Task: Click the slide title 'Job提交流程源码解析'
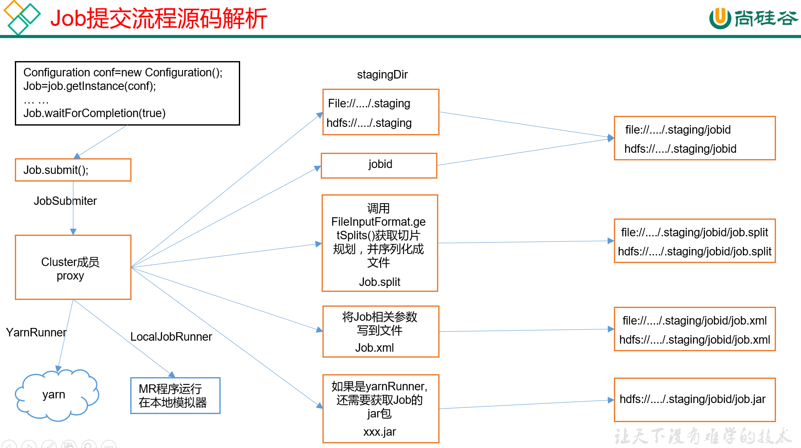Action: click(x=158, y=19)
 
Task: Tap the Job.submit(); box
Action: click(x=73, y=170)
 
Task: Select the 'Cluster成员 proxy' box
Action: click(x=73, y=268)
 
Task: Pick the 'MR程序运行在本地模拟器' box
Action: click(x=175, y=395)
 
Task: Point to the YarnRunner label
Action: click(x=36, y=333)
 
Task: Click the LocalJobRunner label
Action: click(x=171, y=337)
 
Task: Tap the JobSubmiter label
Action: click(x=65, y=201)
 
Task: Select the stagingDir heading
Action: click(x=382, y=75)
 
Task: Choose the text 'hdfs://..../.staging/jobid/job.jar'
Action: click(x=692, y=399)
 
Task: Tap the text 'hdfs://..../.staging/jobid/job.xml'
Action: click(x=695, y=340)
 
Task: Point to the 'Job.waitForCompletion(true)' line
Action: click(x=95, y=113)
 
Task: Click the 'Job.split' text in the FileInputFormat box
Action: click(x=380, y=282)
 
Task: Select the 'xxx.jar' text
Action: click(x=380, y=432)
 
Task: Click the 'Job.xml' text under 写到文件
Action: click(x=375, y=348)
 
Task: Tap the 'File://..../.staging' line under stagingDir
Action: click(x=369, y=104)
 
